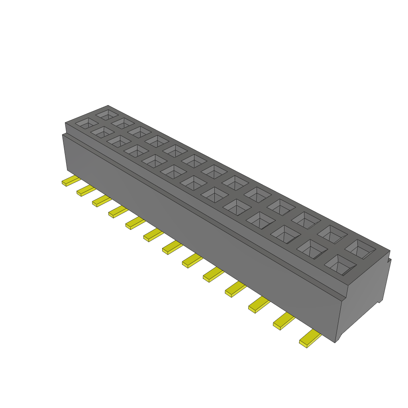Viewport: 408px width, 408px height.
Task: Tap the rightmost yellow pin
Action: (x=310, y=339)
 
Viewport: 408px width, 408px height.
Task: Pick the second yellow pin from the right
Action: (x=283, y=321)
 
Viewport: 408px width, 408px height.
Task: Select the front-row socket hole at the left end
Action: (x=87, y=124)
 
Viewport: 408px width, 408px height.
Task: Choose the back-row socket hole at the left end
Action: (x=107, y=115)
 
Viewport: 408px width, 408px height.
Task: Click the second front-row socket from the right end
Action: (x=312, y=249)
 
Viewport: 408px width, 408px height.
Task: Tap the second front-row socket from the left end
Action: (x=102, y=132)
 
